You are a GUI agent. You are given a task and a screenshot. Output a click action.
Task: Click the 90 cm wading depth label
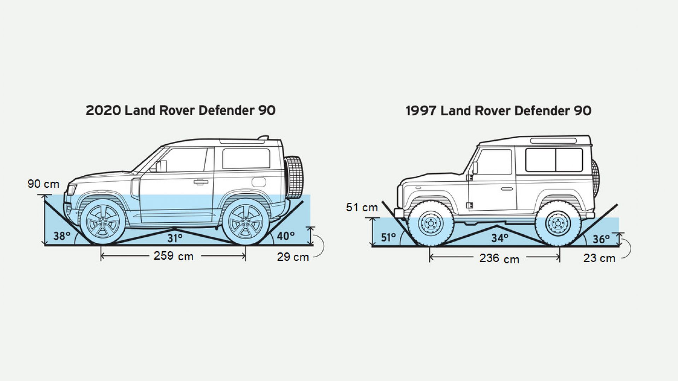coord(43,184)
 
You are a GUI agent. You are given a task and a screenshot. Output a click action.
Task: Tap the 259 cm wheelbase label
coord(173,256)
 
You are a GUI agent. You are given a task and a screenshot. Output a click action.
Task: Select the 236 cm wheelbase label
coord(499,259)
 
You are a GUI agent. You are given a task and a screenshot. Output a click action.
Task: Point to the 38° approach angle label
coord(62,236)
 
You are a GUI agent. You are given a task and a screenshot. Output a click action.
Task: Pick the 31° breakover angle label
coord(175,238)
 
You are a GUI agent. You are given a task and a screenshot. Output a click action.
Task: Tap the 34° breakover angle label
coord(500,238)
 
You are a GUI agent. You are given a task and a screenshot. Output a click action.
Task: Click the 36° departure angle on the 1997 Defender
coord(601,239)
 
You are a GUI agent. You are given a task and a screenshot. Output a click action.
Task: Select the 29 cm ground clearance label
coord(293,257)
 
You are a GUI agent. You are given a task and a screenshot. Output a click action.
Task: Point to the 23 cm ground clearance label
coord(599,258)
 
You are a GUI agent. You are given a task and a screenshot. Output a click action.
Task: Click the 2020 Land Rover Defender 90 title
coord(180,110)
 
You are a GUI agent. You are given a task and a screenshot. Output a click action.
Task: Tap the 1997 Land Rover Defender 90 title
coord(499,111)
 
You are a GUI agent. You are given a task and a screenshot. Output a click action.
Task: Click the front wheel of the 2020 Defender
coord(103,222)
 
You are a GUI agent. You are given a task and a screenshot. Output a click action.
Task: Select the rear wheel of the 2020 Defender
coord(244,222)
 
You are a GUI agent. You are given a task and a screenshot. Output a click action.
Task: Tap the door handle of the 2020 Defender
coord(200,182)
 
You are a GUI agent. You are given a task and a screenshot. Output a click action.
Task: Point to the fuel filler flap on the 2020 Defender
coord(259,182)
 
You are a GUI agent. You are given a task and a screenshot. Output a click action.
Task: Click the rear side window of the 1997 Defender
coord(553,160)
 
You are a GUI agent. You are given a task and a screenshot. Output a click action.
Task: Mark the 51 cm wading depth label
coord(362,207)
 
